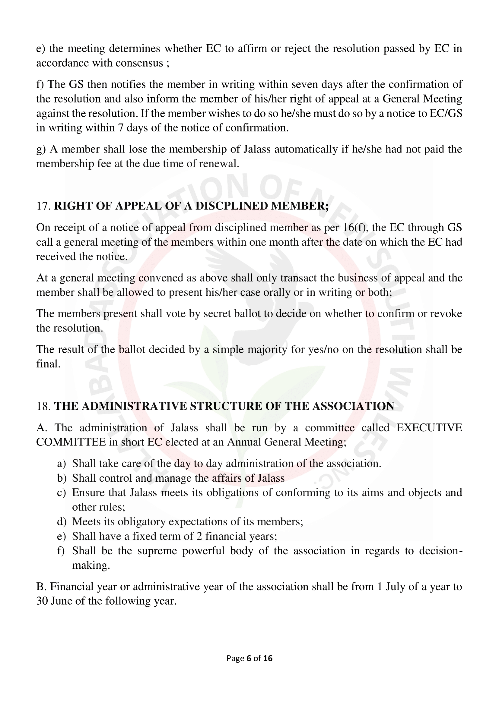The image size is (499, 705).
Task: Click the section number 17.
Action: [43, 206]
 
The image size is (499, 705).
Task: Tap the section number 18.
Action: [43, 406]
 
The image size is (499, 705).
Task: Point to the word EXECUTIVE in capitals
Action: [429, 428]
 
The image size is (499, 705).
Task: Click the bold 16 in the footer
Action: [268, 658]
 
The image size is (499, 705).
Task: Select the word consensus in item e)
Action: [139, 63]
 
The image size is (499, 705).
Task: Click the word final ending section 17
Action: [48, 364]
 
